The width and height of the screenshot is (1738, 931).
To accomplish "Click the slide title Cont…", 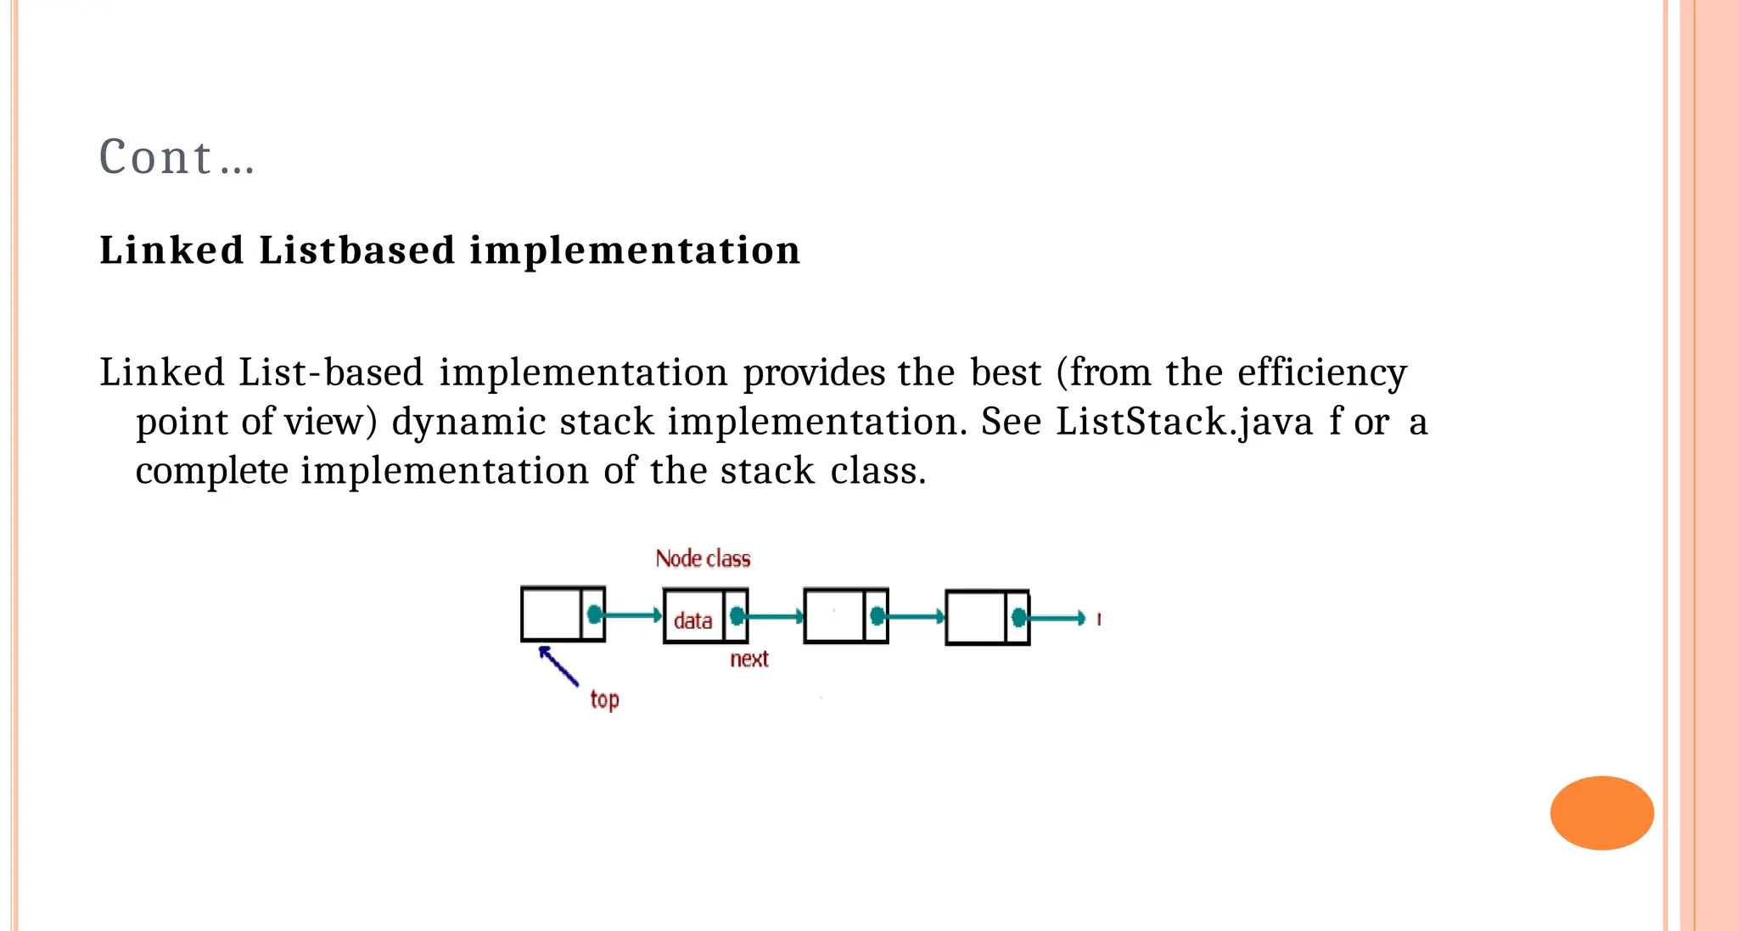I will coord(177,158).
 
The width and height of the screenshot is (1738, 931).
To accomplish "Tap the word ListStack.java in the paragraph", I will coord(1185,422).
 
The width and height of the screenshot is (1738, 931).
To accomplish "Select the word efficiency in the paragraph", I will coord(1321,373).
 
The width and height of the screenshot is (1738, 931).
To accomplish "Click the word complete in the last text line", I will coord(211,471).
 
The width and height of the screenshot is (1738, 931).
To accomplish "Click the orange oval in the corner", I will coord(1601,812).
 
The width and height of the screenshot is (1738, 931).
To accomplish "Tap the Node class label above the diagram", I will coord(703,558).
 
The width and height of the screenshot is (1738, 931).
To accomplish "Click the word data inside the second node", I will coord(692,620).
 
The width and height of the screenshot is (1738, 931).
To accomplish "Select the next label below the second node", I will coord(748,659).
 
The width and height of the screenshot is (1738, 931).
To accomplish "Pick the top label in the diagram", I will coord(604,699).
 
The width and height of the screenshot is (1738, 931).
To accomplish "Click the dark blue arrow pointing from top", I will coord(559,665).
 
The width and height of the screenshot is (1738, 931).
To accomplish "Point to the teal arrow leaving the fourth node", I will coord(1057,618).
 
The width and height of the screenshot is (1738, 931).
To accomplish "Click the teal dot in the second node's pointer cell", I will coord(737,615).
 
